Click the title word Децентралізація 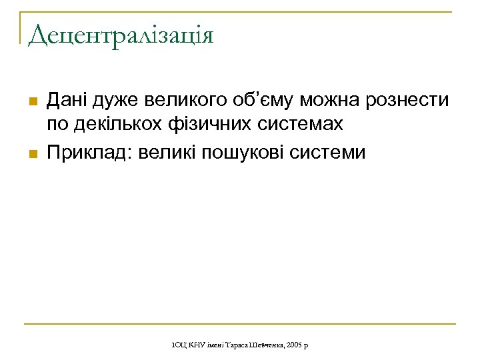(121, 35)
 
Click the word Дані (68, 101)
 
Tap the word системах (301, 125)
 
